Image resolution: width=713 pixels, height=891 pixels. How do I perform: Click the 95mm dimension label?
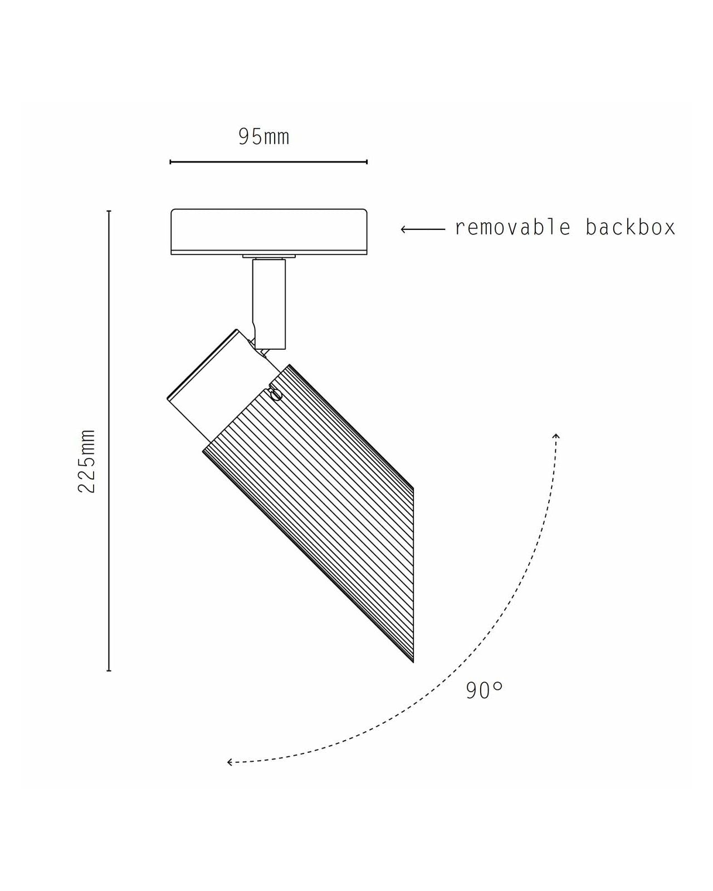(x=263, y=137)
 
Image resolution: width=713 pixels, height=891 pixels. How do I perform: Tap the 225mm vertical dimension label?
(x=86, y=461)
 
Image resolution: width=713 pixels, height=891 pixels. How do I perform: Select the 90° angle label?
(x=484, y=690)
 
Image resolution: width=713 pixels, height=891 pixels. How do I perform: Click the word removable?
(x=512, y=227)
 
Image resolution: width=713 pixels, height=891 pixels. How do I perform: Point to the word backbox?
(x=630, y=227)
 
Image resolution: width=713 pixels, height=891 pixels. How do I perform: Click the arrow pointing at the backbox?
(x=423, y=229)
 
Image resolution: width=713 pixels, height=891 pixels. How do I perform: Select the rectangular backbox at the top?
(x=269, y=232)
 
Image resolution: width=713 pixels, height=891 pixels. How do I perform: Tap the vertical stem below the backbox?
(x=269, y=304)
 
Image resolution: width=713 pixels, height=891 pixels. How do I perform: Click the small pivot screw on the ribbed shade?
(x=276, y=395)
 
